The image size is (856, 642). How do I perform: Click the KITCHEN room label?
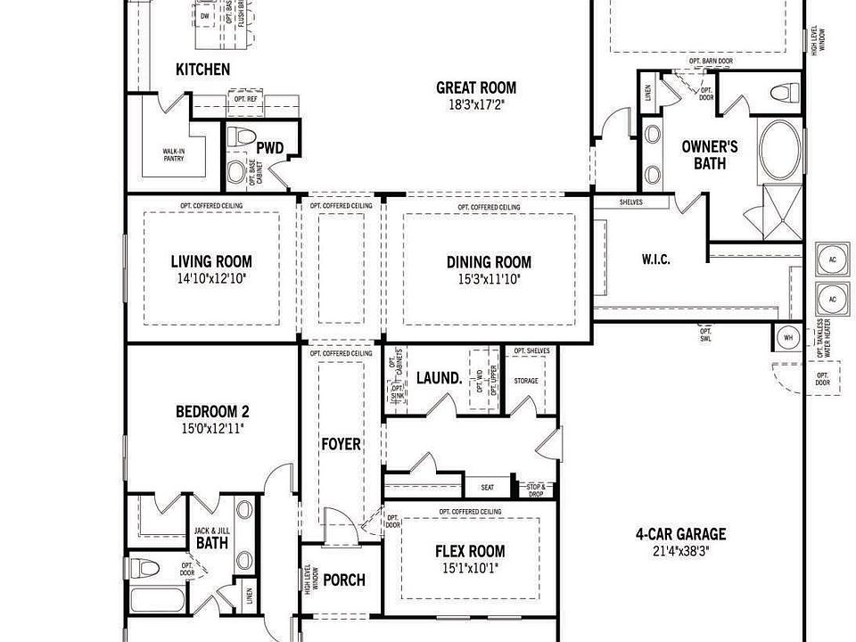click(202, 70)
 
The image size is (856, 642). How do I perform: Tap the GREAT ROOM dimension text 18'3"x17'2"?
click(475, 104)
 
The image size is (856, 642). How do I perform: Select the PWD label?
click(269, 148)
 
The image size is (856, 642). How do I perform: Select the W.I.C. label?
click(655, 259)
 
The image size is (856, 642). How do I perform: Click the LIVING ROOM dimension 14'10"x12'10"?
click(211, 279)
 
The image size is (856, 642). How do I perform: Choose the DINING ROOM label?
click(489, 262)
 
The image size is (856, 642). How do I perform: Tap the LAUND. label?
click(440, 378)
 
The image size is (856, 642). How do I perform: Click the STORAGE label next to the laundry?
click(526, 381)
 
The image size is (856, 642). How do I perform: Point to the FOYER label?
click(342, 444)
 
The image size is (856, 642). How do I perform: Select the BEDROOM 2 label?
click(211, 412)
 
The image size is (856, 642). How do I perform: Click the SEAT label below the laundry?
click(488, 488)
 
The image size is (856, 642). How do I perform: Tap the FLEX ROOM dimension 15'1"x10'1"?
click(470, 569)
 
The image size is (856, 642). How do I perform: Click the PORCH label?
click(343, 580)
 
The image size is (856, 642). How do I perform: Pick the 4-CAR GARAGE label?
click(680, 534)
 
